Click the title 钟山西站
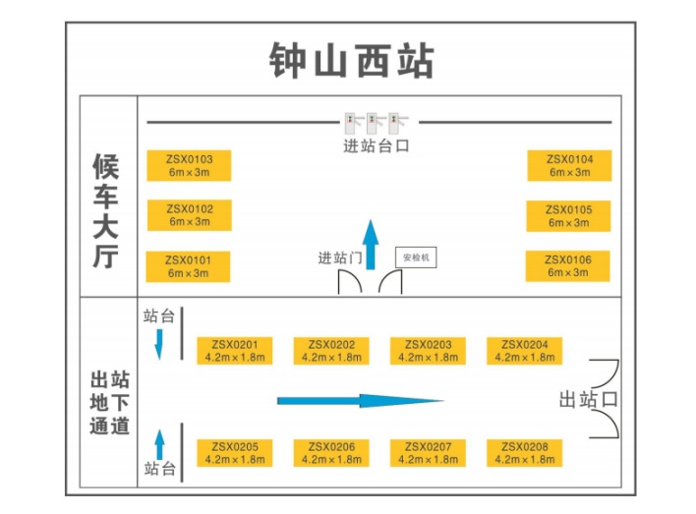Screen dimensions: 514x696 351,60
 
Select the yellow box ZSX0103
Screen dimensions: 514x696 189,165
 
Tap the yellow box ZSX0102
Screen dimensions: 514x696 189,215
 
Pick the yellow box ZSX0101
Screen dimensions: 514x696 189,266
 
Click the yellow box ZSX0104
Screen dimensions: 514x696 569,165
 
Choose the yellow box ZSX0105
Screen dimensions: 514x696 569,215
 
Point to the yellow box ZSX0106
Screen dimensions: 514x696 569,265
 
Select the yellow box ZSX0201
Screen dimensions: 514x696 234,351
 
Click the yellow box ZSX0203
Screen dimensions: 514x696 428,351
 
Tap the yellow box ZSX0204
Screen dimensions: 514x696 524,351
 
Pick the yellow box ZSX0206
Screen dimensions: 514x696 330,453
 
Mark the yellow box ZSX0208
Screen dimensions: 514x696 524,453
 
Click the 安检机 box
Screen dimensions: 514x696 417,257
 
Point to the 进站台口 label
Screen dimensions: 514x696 376,147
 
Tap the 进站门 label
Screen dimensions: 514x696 340,257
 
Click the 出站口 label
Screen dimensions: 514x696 587,399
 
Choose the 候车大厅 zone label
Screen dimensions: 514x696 105,210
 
